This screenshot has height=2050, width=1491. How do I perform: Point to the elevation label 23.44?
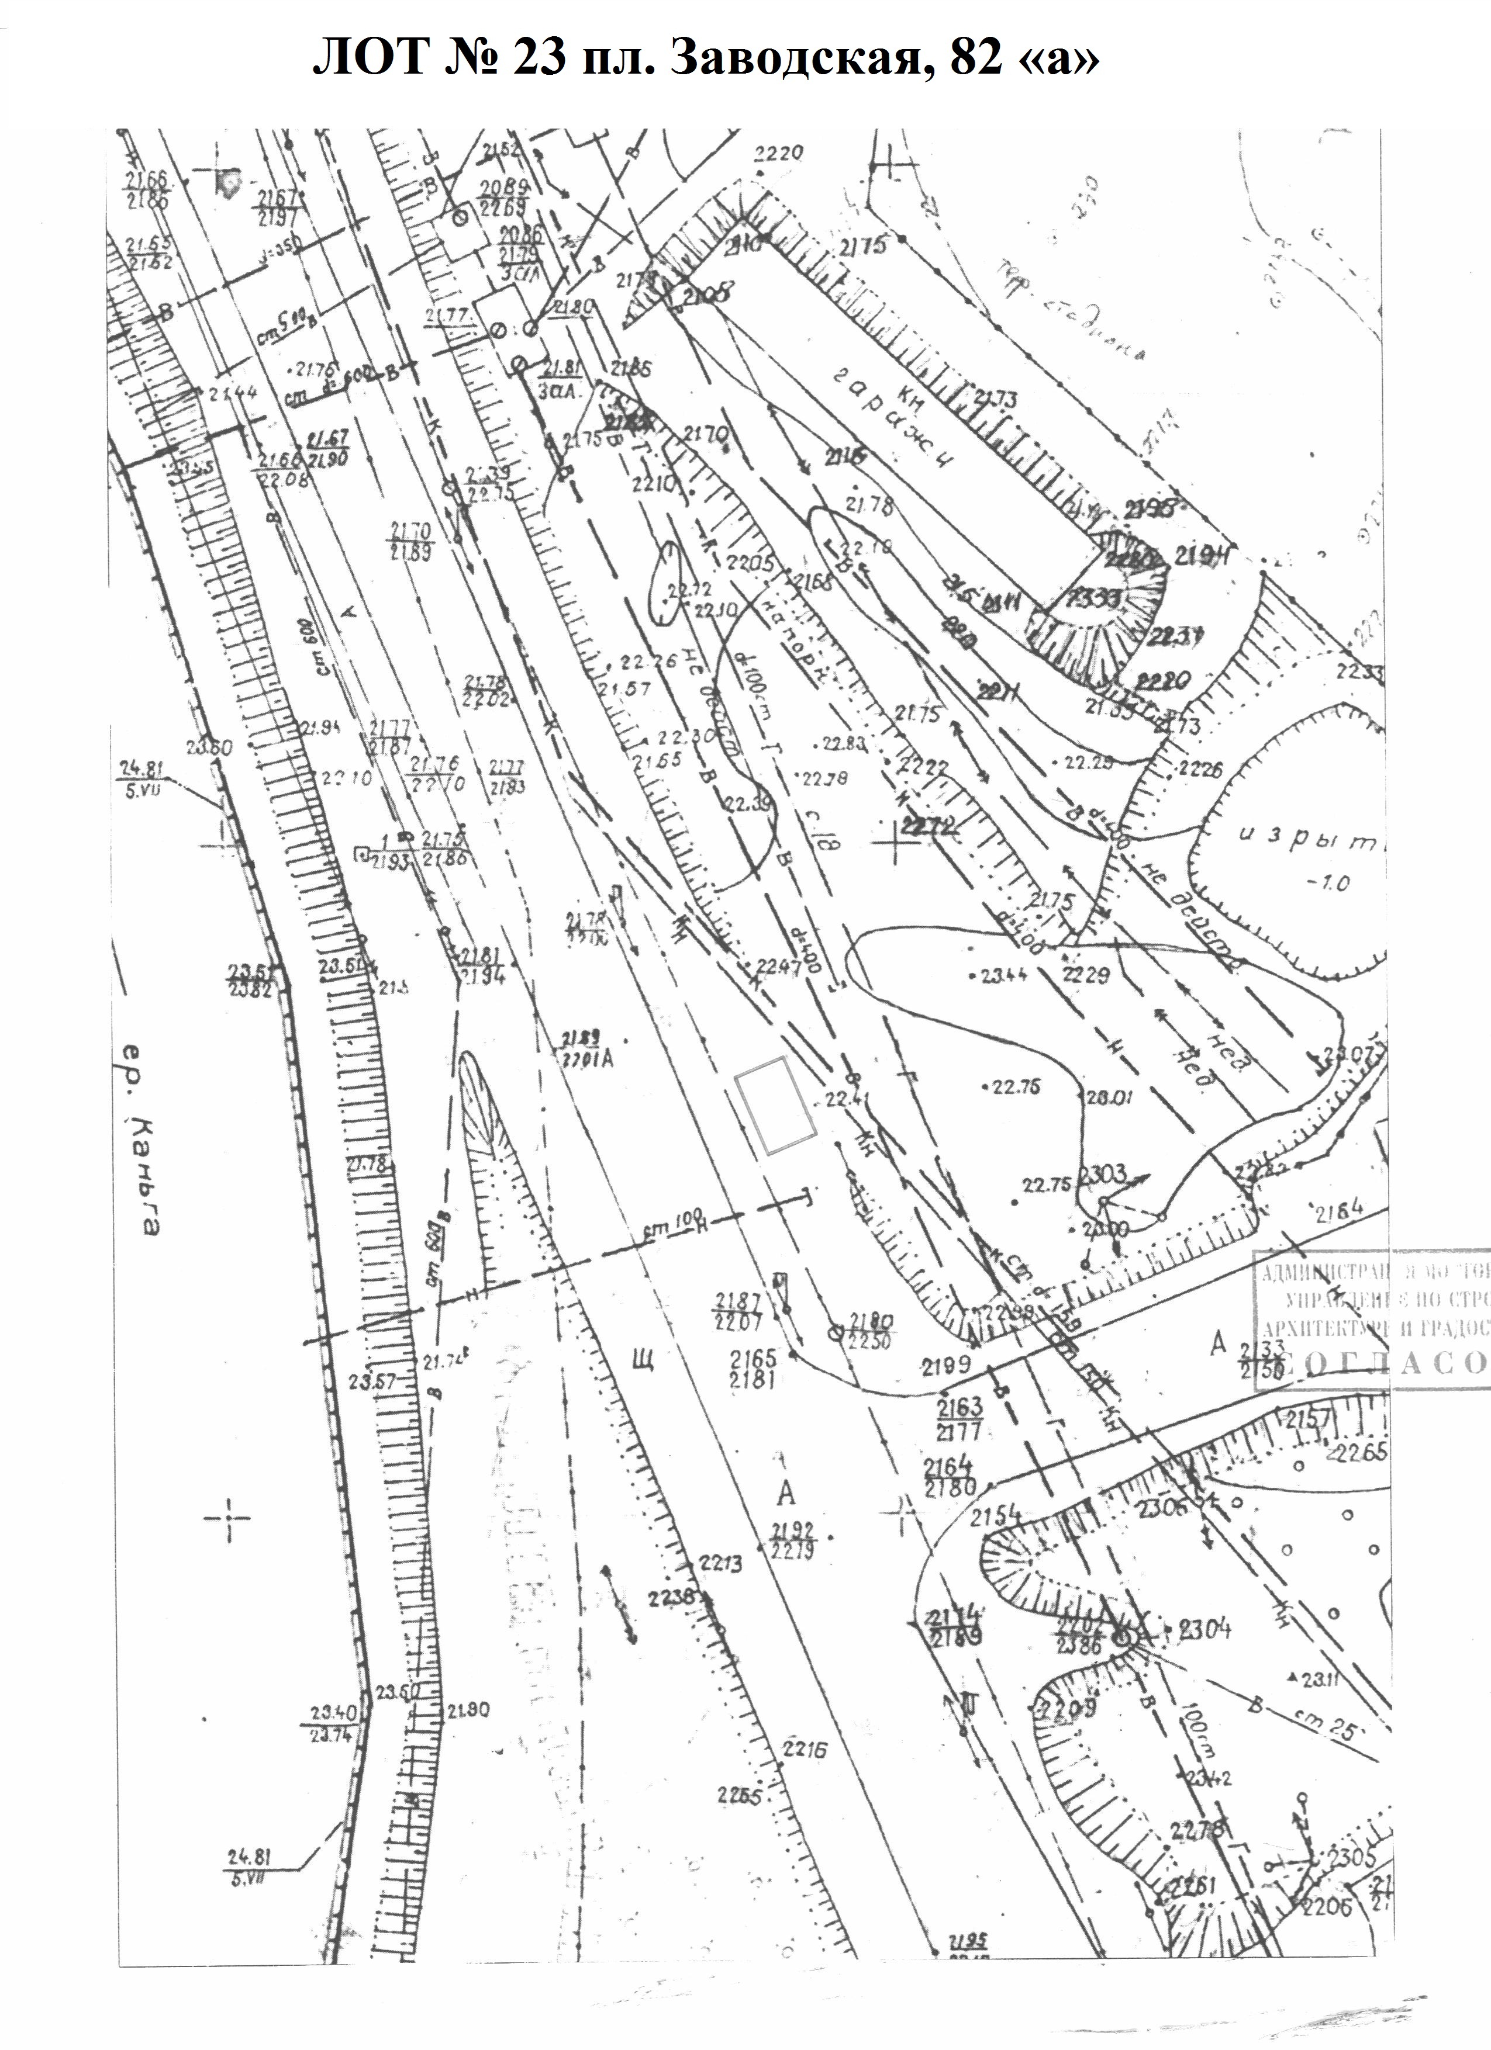(x=999, y=976)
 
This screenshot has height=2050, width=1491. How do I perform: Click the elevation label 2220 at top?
(x=778, y=154)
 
